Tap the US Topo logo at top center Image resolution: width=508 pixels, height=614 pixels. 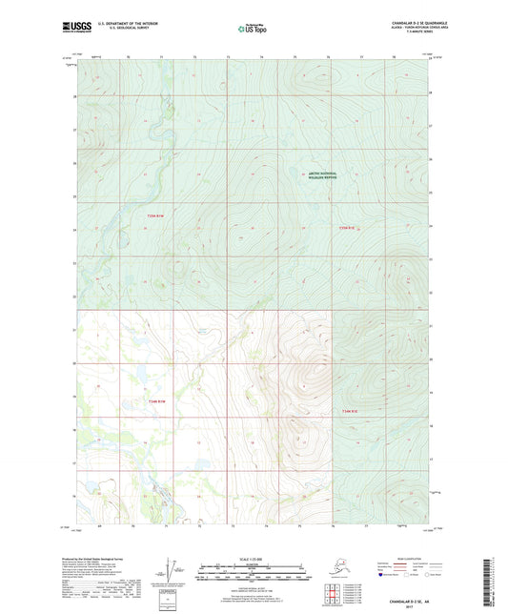(253, 30)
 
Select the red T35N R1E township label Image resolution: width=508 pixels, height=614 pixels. (346, 227)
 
